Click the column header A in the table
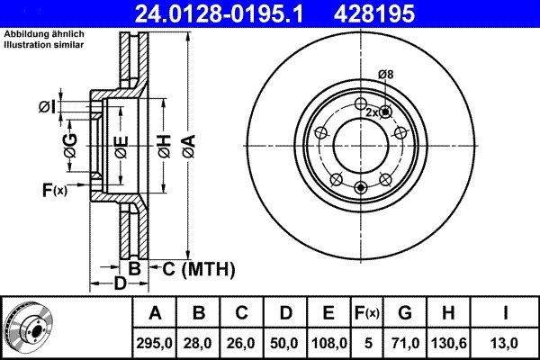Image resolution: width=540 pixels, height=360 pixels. click(155, 313)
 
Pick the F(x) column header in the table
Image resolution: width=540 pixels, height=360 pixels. click(365, 313)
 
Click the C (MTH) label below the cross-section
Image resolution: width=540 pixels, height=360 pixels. click(197, 268)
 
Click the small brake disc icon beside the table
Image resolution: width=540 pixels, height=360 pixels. click(27, 327)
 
